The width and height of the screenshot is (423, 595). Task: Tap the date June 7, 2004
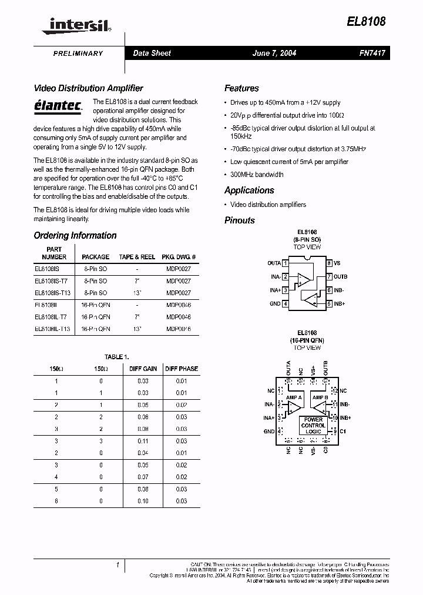(274, 53)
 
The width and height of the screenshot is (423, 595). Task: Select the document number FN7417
(372, 53)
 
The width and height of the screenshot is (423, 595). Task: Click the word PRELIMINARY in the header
(78, 54)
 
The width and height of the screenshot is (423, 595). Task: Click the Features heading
(241, 88)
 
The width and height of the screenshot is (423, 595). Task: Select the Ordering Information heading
(75, 235)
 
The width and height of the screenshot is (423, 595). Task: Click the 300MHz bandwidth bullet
(257, 175)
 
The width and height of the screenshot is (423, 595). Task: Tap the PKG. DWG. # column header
(179, 257)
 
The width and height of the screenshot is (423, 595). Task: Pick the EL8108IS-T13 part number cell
(53, 292)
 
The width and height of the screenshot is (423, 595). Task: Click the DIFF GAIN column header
(143, 369)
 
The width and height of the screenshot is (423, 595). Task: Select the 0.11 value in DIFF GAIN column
(143, 440)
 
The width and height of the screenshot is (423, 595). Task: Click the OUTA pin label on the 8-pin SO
(274, 263)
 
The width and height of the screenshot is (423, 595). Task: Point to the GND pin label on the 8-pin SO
(275, 304)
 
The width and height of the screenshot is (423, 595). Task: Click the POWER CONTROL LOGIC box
(313, 425)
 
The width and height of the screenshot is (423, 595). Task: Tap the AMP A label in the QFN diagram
(294, 398)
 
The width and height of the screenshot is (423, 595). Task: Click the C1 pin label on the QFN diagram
(344, 430)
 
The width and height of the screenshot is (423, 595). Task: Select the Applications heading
(249, 190)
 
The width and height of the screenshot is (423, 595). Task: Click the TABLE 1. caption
(116, 357)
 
